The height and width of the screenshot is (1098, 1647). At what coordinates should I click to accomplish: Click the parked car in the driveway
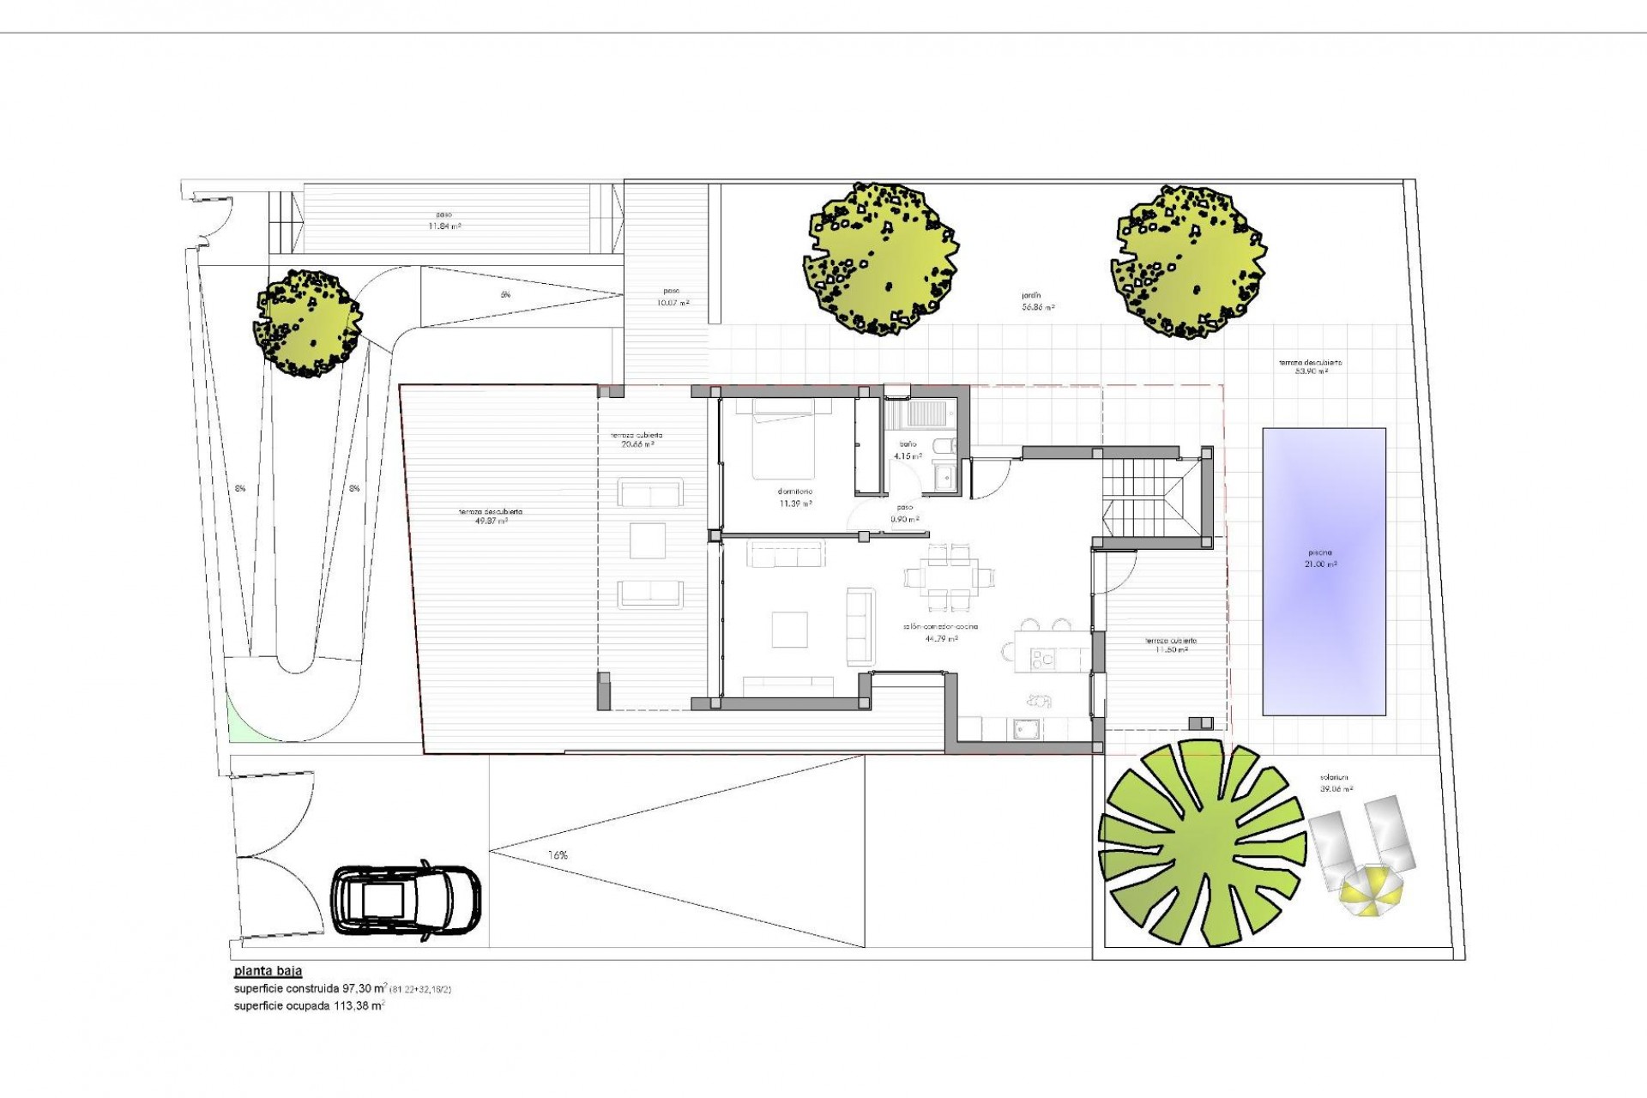click(406, 900)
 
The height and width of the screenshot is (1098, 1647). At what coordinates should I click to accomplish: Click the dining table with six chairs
click(950, 575)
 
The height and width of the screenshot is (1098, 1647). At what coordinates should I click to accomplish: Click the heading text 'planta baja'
click(267, 972)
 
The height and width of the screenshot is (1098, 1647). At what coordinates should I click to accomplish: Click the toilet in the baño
click(943, 447)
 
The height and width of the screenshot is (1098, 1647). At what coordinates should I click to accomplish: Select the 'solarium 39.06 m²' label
click(1336, 783)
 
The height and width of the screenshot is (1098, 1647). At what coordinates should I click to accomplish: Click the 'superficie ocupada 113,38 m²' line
click(309, 1005)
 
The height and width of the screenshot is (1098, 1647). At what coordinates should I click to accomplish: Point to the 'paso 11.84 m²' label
click(444, 220)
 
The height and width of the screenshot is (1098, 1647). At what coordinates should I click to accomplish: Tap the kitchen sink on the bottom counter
click(1026, 727)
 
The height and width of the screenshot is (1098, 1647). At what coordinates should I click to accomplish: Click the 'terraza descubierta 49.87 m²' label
click(490, 516)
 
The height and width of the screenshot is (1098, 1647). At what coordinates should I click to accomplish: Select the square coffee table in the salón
click(788, 629)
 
